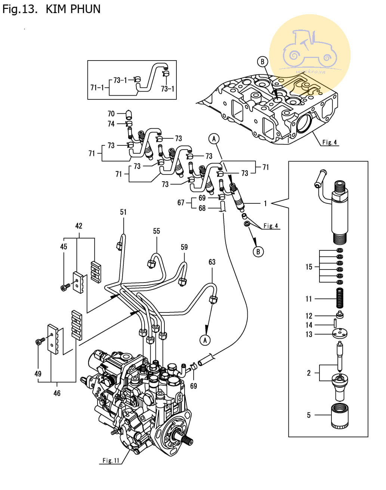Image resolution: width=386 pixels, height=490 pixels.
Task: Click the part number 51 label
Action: pos(123,212)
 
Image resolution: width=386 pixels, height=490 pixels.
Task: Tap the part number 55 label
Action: pos(157,231)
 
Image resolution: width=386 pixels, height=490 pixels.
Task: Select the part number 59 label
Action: pos(184,247)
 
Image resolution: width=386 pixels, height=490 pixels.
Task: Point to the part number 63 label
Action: pos(212,262)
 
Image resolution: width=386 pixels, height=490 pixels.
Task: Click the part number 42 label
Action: pos(78,226)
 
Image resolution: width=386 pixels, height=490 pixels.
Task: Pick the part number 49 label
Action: pos(38,373)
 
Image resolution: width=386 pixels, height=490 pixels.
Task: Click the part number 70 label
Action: pos(111,114)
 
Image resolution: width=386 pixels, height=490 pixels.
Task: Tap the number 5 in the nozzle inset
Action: pos(309,415)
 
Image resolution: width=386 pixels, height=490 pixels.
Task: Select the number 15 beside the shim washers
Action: pos(309,267)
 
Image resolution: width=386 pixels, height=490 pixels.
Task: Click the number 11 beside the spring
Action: pos(309,299)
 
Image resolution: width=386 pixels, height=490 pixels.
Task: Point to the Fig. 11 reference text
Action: pos(111,460)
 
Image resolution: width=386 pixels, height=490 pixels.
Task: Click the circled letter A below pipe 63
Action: pos(205,340)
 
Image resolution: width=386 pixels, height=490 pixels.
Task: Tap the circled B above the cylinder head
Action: pos(262,62)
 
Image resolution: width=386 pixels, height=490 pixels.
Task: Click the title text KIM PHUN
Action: pos(73,9)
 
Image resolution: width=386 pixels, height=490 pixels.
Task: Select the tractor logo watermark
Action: pos(309,52)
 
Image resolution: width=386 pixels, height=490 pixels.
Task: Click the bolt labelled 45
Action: pos(65,287)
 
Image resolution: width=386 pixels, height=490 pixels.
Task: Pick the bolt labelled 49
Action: pos(40,341)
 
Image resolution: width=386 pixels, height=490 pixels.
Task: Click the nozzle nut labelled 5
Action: pos(340,415)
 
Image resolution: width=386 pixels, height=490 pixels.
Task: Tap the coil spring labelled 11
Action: pos(340,298)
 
